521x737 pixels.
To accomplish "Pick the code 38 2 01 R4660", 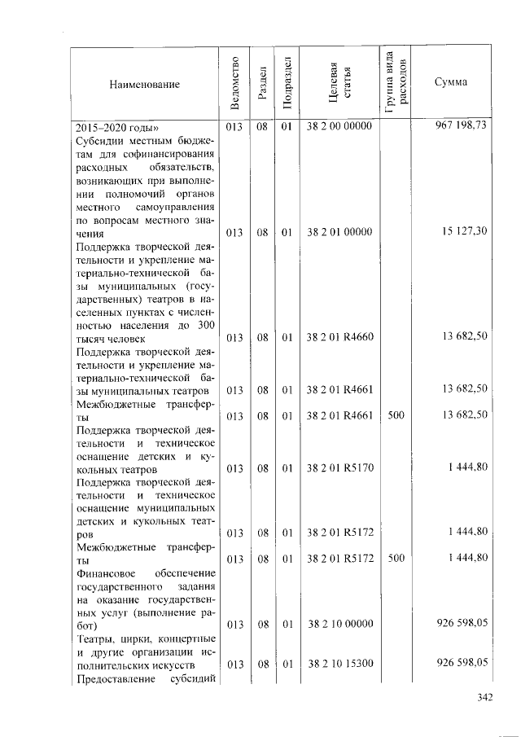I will [x=339, y=338].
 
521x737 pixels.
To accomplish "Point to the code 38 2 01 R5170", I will [x=339, y=468].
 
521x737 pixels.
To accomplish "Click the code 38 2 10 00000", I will [x=339, y=624].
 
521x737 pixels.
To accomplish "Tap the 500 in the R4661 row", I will [x=396, y=415].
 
